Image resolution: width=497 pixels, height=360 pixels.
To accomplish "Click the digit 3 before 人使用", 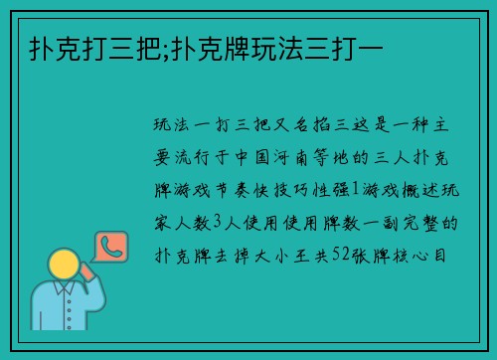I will point(225,222).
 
